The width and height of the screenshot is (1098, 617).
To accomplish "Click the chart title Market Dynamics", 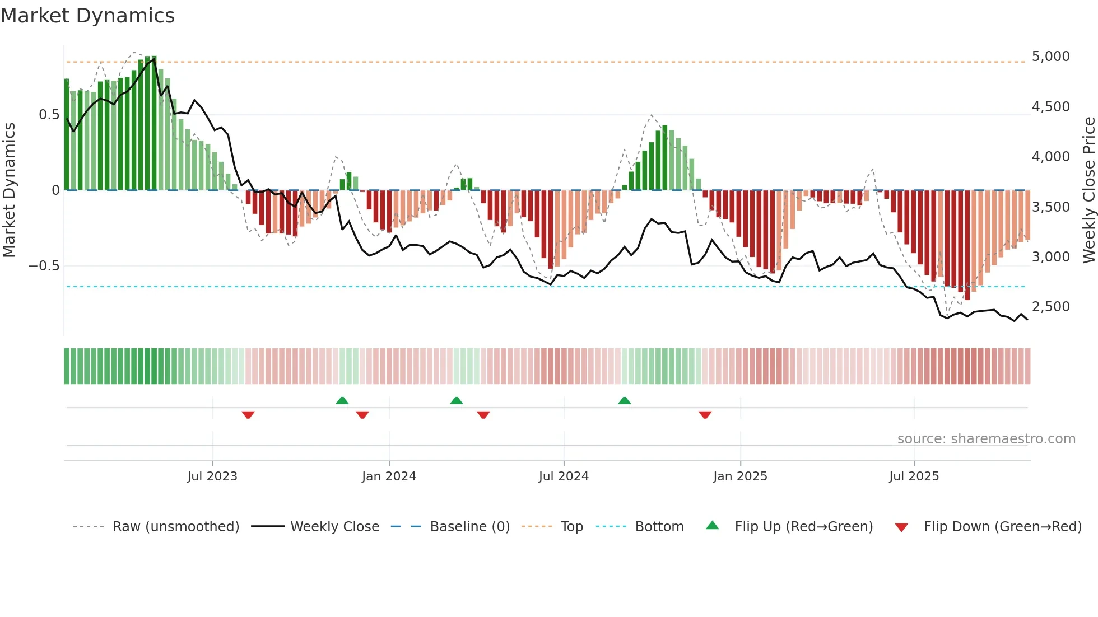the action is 88,16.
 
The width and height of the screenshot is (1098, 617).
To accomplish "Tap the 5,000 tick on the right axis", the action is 1050,57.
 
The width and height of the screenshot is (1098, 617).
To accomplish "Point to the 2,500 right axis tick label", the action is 1050,307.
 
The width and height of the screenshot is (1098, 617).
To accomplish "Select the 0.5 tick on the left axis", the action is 49,115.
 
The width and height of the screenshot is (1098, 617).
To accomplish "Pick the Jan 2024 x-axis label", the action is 389,476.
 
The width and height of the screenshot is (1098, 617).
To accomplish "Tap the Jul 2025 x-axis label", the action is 914,476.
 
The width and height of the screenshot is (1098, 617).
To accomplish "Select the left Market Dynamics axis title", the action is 9,190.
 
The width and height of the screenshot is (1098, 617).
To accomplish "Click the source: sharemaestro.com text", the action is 986,439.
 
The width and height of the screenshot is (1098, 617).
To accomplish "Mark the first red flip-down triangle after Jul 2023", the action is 248,415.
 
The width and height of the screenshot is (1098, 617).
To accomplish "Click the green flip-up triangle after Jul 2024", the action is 624,400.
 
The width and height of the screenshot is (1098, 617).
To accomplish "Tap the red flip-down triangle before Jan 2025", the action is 705,415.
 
